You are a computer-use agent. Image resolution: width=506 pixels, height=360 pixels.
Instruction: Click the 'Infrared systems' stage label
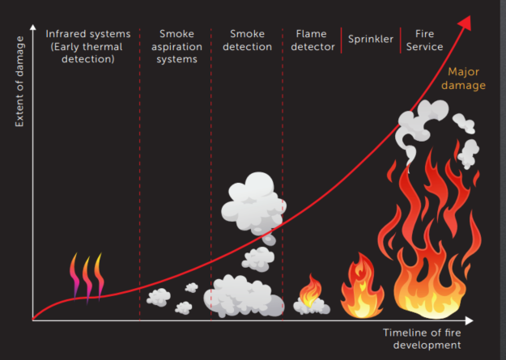pos(87,35)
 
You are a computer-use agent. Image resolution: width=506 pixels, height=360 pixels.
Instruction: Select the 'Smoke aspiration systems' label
pos(176,47)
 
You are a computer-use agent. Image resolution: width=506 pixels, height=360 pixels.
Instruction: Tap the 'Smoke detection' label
pos(247,40)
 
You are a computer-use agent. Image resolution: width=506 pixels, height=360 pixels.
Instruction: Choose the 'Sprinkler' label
pos(370,39)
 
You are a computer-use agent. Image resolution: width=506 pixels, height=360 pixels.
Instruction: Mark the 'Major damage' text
pos(464,78)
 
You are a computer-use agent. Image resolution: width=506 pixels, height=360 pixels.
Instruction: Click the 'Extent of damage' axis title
pos(19,92)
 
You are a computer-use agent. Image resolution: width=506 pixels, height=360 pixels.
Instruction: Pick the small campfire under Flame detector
pos(311,296)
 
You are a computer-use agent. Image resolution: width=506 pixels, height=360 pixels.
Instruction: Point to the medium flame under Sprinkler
pos(362,286)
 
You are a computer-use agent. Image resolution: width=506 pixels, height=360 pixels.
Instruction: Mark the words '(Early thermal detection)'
pos(87,53)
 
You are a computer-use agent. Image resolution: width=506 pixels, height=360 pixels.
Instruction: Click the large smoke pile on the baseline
pos(243,296)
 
